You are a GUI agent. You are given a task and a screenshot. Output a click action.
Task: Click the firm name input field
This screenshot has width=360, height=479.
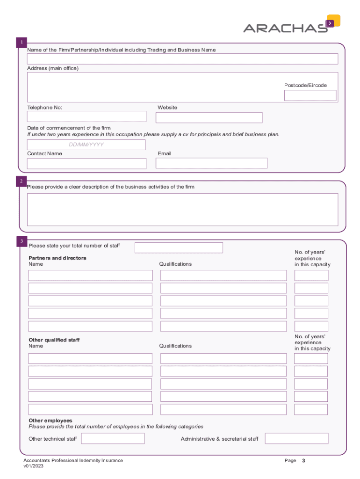tap(182, 59)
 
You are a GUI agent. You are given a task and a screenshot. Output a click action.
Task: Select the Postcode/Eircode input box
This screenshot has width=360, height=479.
tap(310, 95)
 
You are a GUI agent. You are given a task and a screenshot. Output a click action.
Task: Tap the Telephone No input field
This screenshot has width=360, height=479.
tap(86, 116)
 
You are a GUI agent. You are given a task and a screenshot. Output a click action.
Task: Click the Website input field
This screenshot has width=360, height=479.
tap(209, 117)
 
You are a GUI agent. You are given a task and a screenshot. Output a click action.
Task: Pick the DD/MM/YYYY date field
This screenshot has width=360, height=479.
tap(86, 145)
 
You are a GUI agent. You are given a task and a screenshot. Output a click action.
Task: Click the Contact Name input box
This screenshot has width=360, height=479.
tap(86, 163)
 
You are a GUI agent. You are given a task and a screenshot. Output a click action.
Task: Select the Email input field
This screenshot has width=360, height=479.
tap(211, 163)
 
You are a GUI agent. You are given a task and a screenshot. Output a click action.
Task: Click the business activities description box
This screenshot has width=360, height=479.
tap(182, 210)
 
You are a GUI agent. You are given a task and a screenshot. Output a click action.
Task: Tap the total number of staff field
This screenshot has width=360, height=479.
tap(179, 247)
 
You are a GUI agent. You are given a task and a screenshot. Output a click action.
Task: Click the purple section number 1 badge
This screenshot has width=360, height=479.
tap(21, 44)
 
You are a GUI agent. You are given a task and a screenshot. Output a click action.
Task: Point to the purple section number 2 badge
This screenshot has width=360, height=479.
tap(21, 181)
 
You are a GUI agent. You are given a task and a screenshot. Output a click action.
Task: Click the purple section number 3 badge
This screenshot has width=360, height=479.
tap(21, 241)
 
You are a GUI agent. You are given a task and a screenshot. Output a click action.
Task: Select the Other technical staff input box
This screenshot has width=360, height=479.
tap(113, 439)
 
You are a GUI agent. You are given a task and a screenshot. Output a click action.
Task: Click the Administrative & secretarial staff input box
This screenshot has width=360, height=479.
tap(296, 439)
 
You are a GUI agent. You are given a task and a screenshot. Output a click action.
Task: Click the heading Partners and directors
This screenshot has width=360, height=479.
tap(58, 258)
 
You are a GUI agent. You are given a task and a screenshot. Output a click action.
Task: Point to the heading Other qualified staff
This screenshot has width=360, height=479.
tap(54, 340)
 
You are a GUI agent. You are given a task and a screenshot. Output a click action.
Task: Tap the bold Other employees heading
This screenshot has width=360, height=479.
tap(50, 421)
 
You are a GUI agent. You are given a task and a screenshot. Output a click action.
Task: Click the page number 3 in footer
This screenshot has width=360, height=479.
tap(303, 461)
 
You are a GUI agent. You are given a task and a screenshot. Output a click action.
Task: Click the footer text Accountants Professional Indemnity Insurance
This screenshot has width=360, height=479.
tap(73, 461)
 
